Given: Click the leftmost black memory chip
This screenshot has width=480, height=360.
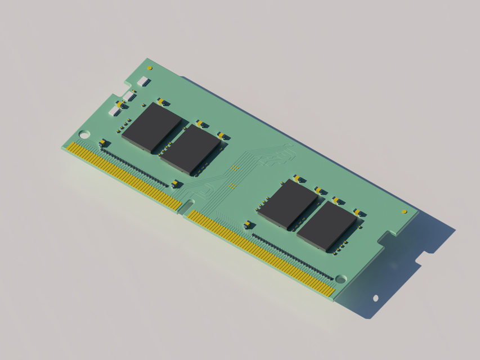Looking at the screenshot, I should pyautogui.click(x=151, y=127).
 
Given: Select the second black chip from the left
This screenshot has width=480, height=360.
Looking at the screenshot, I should pyautogui.click(x=190, y=149).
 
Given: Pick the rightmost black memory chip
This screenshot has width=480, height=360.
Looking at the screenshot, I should pyautogui.click(x=326, y=226).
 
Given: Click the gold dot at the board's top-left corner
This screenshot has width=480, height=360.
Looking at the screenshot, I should pyautogui.click(x=150, y=69).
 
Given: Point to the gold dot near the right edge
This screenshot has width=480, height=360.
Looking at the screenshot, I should pyautogui.click(x=404, y=211).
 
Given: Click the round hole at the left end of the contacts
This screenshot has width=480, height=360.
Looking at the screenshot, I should pyautogui.click(x=84, y=134).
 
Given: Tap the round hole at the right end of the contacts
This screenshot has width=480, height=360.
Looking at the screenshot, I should pyautogui.click(x=340, y=279).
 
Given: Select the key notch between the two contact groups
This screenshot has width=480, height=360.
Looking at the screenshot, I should pyautogui.click(x=185, y=207).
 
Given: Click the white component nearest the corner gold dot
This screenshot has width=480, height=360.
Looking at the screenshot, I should pyautogui.click(x=143, y=82).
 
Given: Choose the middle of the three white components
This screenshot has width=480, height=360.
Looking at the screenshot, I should pyautogui.click(x=129, y=96).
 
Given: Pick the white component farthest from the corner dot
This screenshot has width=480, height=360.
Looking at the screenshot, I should pyautogui.click(x=115, y=111).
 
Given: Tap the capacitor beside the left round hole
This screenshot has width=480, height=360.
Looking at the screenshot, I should pyautogui.click(x=102, y=142).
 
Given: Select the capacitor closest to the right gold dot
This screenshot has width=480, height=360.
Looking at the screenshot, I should pyautogui.click(x=357, y=212).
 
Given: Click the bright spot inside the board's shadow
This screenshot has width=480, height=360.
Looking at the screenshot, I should pyautogui.click(x=375, y=298).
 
